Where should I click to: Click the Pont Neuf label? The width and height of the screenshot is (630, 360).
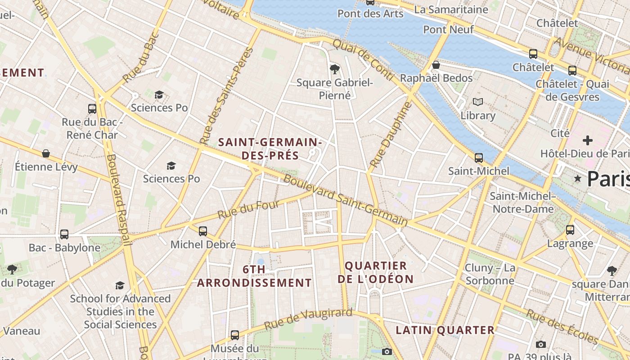[448, 30]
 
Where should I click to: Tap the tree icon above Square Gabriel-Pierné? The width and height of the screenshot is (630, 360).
[334, 69]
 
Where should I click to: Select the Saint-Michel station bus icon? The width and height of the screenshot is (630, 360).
[479, 158]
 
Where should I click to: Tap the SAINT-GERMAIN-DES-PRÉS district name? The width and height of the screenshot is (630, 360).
[270, 149]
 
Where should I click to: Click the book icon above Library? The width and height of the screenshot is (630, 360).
[478, 102]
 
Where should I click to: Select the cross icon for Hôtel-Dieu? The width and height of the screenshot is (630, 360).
[588, 140]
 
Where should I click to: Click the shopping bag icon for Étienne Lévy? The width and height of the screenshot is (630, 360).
[46, 153]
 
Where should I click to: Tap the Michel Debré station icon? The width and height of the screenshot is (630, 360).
[203, 231]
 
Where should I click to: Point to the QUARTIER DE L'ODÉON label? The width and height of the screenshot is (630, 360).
[375, 272]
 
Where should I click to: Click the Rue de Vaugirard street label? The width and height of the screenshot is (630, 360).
[308, 318]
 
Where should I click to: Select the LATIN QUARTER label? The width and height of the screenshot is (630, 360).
[445, 330]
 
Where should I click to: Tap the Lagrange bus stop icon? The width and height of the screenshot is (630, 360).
[570, 230]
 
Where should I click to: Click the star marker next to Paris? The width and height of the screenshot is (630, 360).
[578, 179]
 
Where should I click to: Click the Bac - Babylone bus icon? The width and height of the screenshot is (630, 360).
[64, 234]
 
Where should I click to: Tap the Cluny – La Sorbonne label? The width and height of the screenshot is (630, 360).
[490, 274]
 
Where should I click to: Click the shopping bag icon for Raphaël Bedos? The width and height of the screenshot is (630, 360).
[436, 65]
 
